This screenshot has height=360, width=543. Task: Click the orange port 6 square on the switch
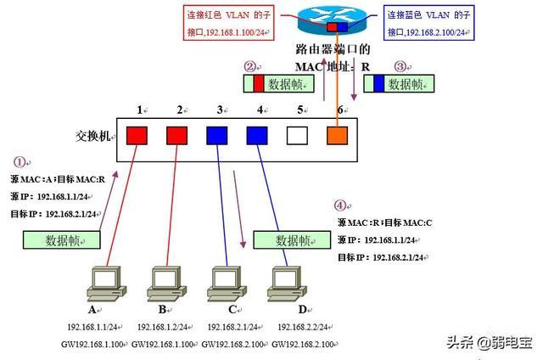(x=338, y=136)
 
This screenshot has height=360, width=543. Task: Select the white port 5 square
(x=297, y=136)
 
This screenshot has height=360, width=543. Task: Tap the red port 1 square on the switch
(x=137, y=136)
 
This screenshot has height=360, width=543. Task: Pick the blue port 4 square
(x=257, y=136)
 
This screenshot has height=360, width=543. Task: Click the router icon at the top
(x=332, y=20)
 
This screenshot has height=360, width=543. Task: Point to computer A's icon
(x=107, y=284)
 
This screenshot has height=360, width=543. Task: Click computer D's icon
(x=287, y=284)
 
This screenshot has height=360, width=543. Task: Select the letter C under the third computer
(x=232, y=309)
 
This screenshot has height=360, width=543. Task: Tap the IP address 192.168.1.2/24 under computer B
(x=162, y=327)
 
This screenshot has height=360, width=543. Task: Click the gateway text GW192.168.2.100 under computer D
(x=302, y=345)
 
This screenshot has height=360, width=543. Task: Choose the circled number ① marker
(x=20, y=162)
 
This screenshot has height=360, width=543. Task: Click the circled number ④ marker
(x=340, y=205)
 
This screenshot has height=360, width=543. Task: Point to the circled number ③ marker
(x=400, y=66)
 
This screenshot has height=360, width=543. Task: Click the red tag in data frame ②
(x=258, y=83)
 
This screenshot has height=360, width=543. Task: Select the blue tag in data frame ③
(x=379, y=83)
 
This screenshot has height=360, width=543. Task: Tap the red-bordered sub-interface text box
(x=228, y=23)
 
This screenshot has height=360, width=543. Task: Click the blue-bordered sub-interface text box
(x=428, y=23)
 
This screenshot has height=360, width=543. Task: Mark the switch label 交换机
(x=92, y=136)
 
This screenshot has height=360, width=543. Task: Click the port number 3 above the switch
(x=220, y=110)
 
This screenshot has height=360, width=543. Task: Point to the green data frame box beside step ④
(x=292, y=240)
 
